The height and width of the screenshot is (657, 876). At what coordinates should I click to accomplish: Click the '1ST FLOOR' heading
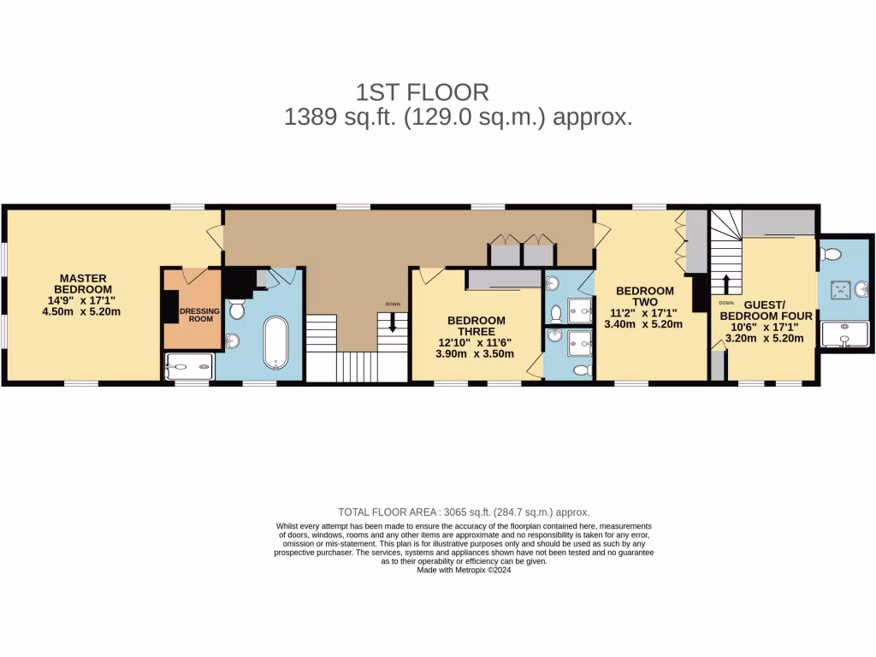[x=422, y=92]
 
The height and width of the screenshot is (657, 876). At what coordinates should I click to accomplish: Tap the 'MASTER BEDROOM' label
[x=83, y=283]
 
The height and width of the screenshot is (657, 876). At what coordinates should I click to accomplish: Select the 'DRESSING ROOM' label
[x=199, y=314]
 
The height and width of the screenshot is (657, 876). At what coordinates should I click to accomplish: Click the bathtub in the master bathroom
[x=275, y=341]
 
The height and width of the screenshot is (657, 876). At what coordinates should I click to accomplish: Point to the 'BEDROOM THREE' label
[x=476, y=326]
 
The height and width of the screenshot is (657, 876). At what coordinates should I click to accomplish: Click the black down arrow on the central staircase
[x=393, y=323]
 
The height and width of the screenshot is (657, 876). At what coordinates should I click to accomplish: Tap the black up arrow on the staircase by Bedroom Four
[x=726, y=284]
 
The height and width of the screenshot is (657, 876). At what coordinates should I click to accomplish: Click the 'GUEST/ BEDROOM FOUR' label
[x=766, y=310]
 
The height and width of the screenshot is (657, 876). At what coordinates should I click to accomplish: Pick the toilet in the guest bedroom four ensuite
[x=830, y=253]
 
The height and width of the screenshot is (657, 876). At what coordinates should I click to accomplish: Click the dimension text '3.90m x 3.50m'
[x=474, y=353]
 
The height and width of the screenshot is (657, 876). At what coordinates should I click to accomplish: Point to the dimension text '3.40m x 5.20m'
[x=643, y=324]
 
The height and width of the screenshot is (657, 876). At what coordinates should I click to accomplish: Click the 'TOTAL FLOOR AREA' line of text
[x=464, y=512]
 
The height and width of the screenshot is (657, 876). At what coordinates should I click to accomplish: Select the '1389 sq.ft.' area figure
[x=339, y=117]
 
